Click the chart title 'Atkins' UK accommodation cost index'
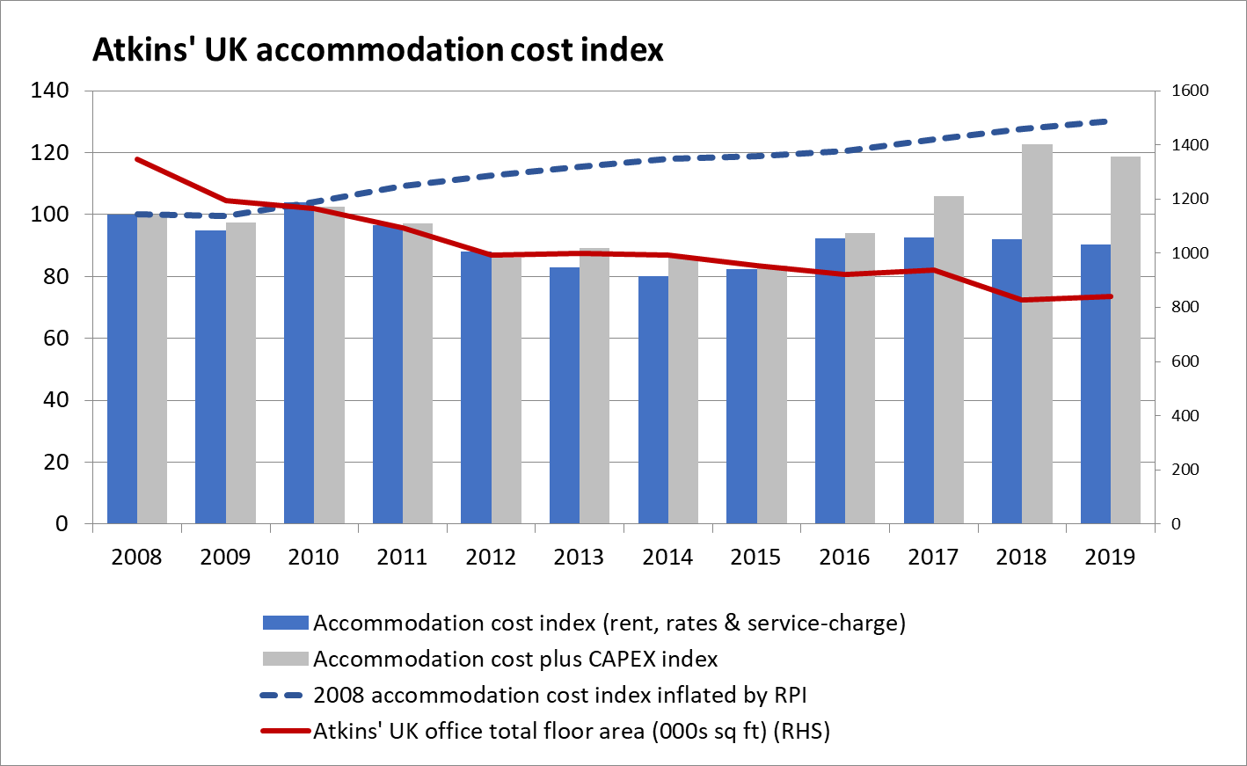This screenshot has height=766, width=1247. point(377,49)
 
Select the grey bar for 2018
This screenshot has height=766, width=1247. point(1037,334)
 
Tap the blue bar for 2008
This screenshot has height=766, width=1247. point(122,368)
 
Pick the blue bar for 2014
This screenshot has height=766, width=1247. point(653,400)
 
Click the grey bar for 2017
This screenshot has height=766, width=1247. point(949,360)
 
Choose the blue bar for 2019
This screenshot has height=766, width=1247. point(1096,384)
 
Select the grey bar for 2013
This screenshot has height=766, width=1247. point(594,386)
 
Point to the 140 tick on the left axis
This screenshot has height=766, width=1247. point(49,91)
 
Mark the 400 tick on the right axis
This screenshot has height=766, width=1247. point(1186,415)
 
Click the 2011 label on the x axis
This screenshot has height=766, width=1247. point(402,557)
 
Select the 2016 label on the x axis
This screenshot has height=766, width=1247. point(844,557)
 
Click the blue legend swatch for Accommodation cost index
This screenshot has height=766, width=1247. point(286,624)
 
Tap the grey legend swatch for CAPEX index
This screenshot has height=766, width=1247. point(286,660)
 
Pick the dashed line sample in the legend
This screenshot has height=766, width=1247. point(286,696)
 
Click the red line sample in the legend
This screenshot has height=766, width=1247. point(286,732)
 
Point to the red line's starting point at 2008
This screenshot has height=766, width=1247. point(137,159)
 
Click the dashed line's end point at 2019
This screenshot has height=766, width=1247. point(1111,121)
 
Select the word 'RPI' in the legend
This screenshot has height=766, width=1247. point(790,696)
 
